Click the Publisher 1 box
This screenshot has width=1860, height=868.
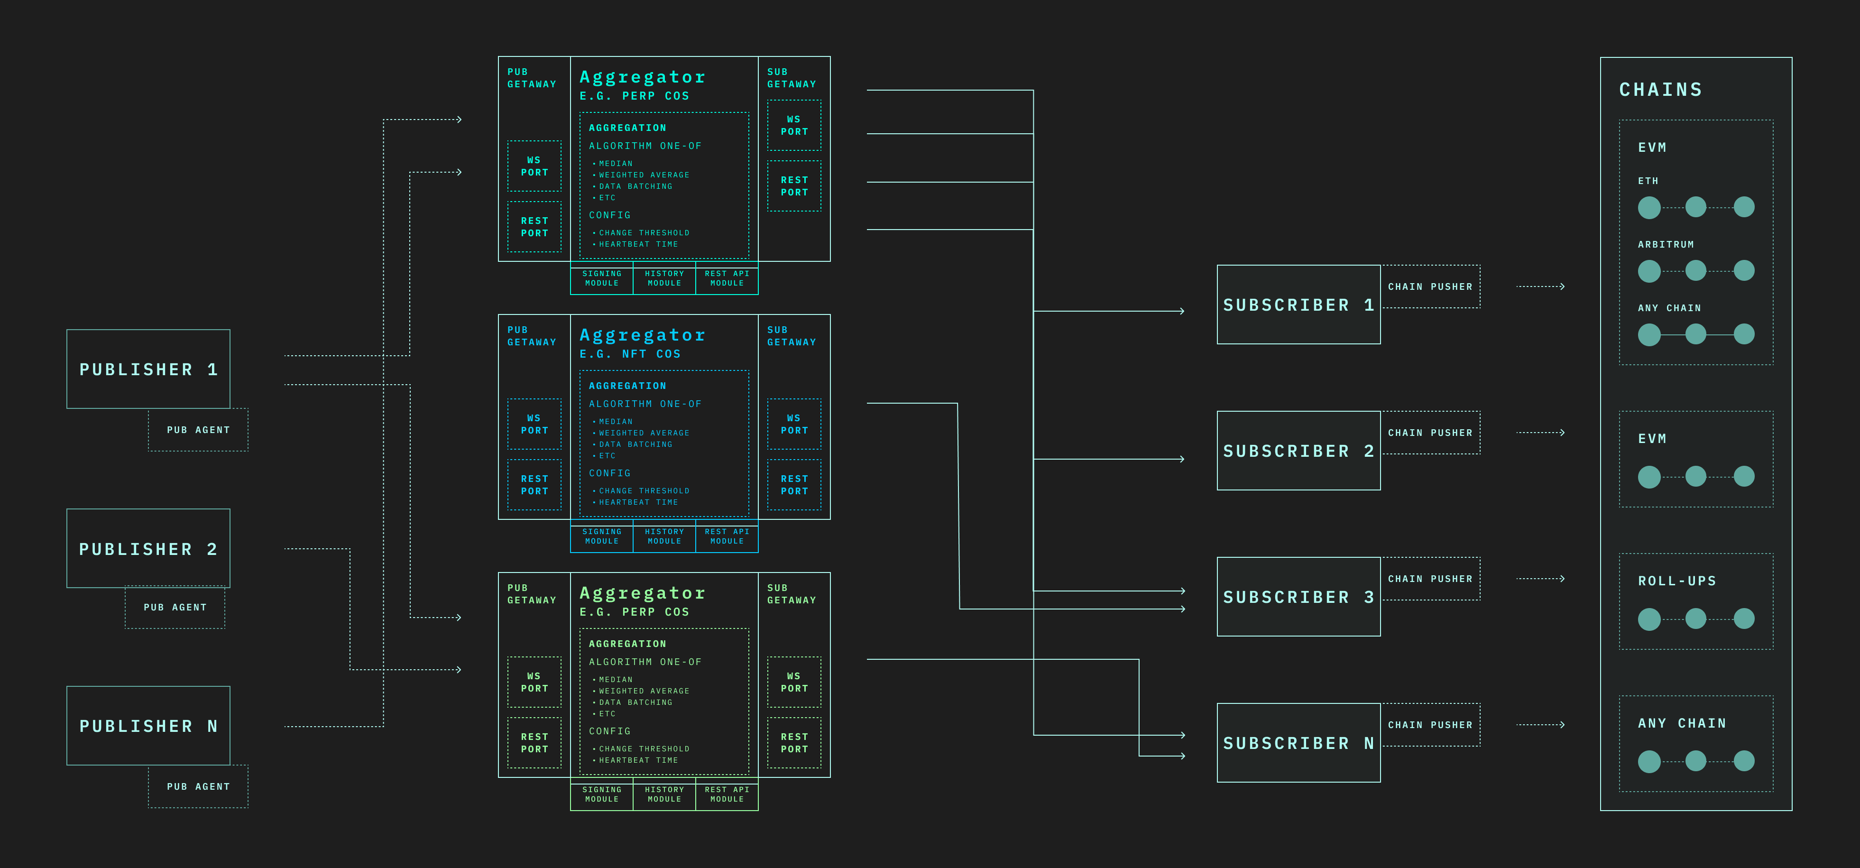[x=148, y=369]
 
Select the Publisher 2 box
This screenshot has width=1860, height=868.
[x=148, y=548]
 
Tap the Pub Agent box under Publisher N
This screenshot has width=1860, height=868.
[x=198, y=786]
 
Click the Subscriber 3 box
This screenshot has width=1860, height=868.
[x=1298, y=597]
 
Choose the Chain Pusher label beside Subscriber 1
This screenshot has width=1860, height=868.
[x=1430, y=286]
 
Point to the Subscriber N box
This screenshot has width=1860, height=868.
[x=1298, y=742]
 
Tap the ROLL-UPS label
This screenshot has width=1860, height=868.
[x=1676, y=581]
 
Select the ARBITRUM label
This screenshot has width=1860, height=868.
[x=1665, y=245]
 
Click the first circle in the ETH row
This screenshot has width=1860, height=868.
[x=1648, y=208]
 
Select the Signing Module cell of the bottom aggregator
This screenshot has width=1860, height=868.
[x=601, y=794]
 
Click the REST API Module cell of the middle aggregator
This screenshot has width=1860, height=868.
[x=727, y=536]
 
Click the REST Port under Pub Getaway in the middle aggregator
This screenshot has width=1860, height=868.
[x=534, y=485]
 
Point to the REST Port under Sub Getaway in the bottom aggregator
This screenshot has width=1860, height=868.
[x=793, y=742]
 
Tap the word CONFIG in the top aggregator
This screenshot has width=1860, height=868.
[x=609, y=215]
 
